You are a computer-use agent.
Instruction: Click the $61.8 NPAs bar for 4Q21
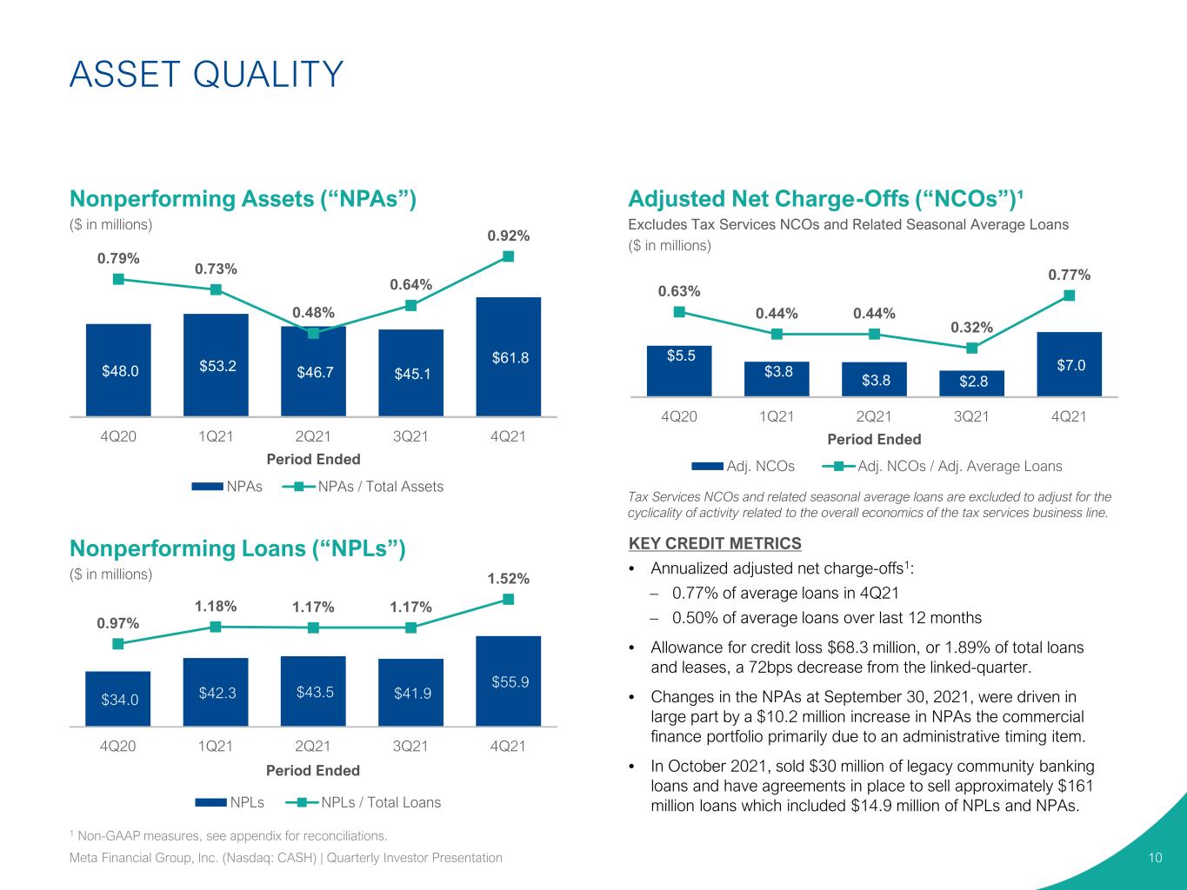[509, 356]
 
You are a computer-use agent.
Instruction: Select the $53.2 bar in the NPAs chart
[216, 365]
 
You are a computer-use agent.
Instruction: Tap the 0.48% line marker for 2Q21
[313, 334]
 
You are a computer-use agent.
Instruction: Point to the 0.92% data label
[509, 236]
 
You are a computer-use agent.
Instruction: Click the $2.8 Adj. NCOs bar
[971, 383]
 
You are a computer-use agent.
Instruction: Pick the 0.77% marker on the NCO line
[1069, 295]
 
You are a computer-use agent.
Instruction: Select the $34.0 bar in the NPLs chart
[118, 699]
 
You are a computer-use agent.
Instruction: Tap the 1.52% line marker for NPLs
[509, 600]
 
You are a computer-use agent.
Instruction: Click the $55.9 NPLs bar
[509, 681]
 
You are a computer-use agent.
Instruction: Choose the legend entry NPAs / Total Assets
[363, 487]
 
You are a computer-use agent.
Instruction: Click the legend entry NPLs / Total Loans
[363, 802]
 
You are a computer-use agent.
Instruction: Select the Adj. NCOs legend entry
[743, 466]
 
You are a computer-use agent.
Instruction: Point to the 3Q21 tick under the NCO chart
[971, 416]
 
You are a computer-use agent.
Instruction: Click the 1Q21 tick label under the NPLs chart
[216, 747]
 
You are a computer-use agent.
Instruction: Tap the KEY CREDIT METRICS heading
[715, 543]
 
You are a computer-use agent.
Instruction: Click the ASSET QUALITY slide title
[207, 74]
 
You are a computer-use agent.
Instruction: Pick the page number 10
[1155, 858]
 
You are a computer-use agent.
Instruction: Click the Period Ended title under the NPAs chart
[313, 459]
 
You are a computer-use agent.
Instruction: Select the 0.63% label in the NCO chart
[679, 291]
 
